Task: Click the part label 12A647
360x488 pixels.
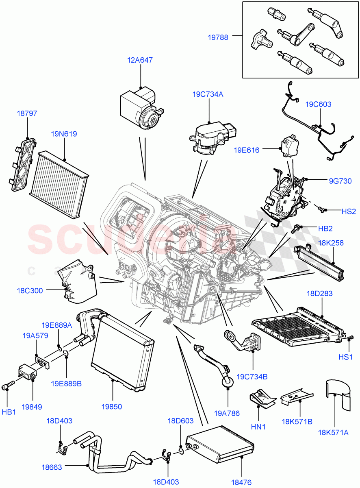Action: [140, 60]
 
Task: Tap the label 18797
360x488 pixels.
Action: [27, 113]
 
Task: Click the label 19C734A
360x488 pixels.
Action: [208, 94]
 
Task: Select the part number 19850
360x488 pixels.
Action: [112, 406]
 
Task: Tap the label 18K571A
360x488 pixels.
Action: [334, 433]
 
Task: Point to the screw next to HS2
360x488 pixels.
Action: [322, 209]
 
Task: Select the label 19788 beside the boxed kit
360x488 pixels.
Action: [218, 37]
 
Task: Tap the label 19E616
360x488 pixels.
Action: [246, 150]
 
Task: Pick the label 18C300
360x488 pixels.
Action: [30, 291]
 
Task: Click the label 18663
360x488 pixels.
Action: [52, 467]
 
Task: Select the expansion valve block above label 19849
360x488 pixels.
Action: [26, 372]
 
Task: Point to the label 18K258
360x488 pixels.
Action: [330, 243]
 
